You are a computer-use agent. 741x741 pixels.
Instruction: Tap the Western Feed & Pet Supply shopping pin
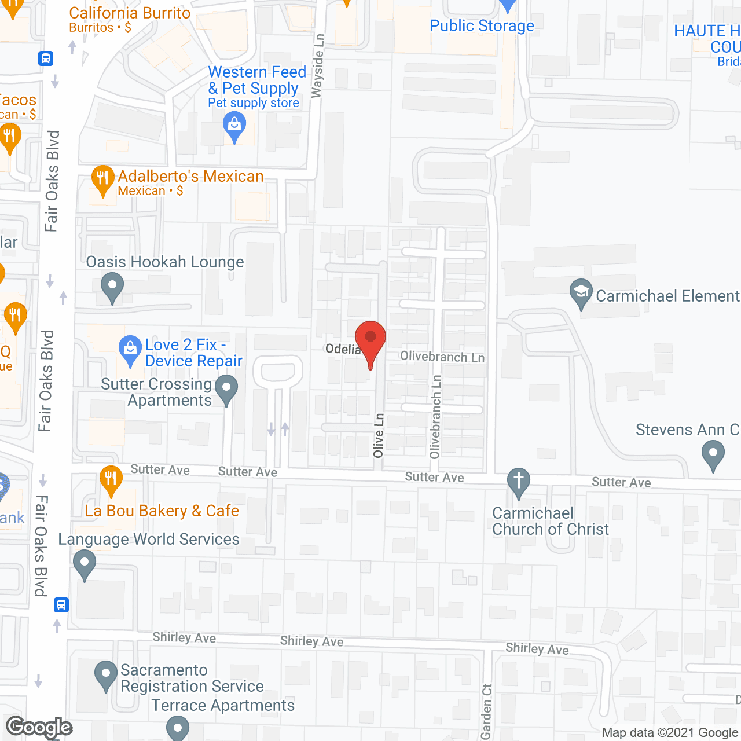tap(234, 126)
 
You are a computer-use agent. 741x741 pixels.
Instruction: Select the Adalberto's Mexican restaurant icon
tap(102, 179)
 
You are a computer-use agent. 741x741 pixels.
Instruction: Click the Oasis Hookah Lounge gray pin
tap(112, 286)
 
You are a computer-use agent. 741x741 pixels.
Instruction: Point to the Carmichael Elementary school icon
tap(581, 292)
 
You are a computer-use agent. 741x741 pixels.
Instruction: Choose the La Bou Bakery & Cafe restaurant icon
tap(111, 479)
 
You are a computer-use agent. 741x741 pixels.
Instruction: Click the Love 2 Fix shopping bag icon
tap(130, 349)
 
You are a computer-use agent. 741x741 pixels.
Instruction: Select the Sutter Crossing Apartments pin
tap(226, 388)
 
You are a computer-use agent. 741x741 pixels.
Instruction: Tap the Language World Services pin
tap(85, 563)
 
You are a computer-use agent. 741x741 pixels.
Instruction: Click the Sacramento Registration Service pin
tap(105, 674)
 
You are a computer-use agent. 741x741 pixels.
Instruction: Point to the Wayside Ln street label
tap(318, 65)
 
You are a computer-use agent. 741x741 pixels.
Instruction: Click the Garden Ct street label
tap(487, 711)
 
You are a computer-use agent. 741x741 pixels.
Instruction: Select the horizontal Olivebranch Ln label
tap(442, 357)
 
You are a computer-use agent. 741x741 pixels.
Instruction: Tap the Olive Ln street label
tap(379, 435)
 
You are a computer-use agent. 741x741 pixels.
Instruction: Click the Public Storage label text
tap(482, 26)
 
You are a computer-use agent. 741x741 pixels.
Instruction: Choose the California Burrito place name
tap(130, 13)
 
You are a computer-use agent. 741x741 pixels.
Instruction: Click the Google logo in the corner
tap(39, 727)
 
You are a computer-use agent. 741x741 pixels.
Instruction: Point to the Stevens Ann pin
tap(713, 454)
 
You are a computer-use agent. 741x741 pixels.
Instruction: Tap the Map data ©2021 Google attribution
tap(670, 733)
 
